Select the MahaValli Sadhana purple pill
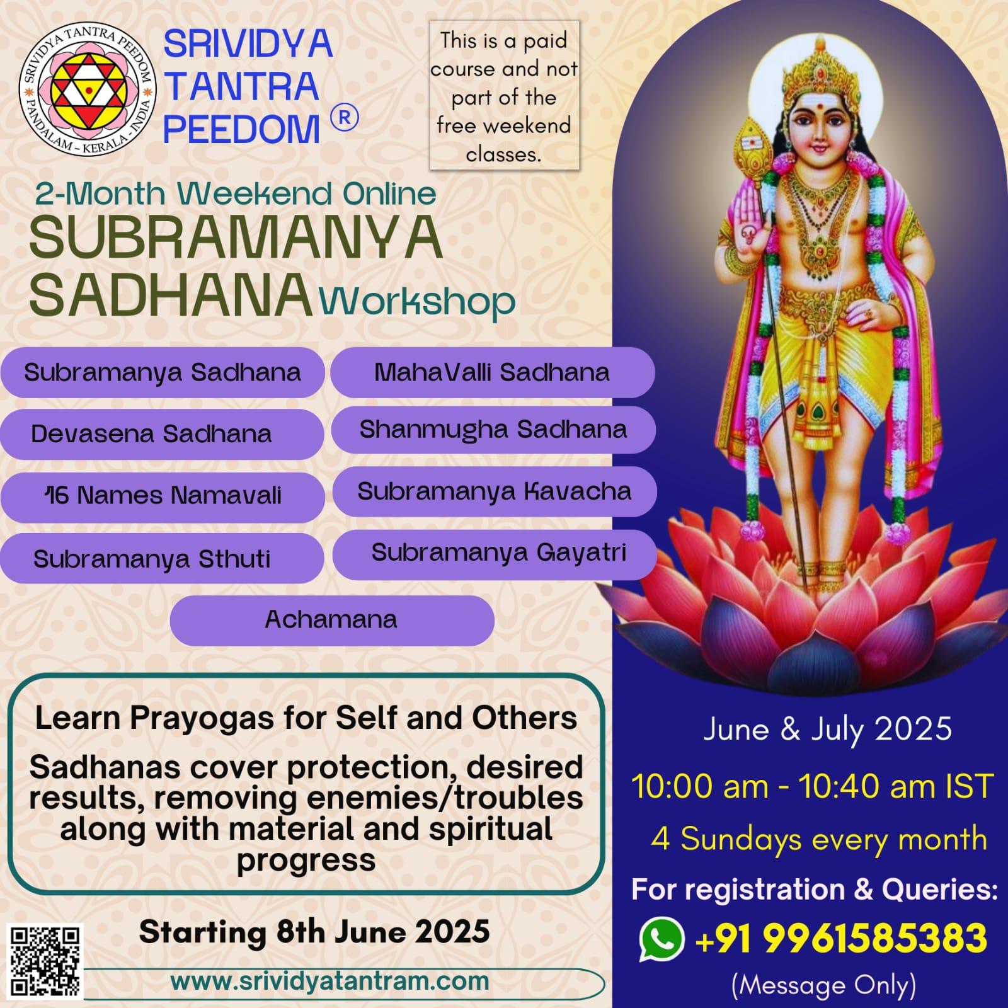tap(493, 372)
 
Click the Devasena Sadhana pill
tap(162, 434)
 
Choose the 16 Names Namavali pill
tap(163, 496)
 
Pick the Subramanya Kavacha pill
tap(495, 491)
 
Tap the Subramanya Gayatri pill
tap(495, 554)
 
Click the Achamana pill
tap(332, 620)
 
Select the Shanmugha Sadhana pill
tap(493, 430)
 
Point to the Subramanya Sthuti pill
tap(162, 559)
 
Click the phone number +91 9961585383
tap(840, 939)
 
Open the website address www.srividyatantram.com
tap(329, 981)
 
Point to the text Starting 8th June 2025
tap(314, 932)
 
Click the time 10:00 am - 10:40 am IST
tap(813, 787)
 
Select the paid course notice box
tap(504, 96)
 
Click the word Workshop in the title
tap(417, 303)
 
